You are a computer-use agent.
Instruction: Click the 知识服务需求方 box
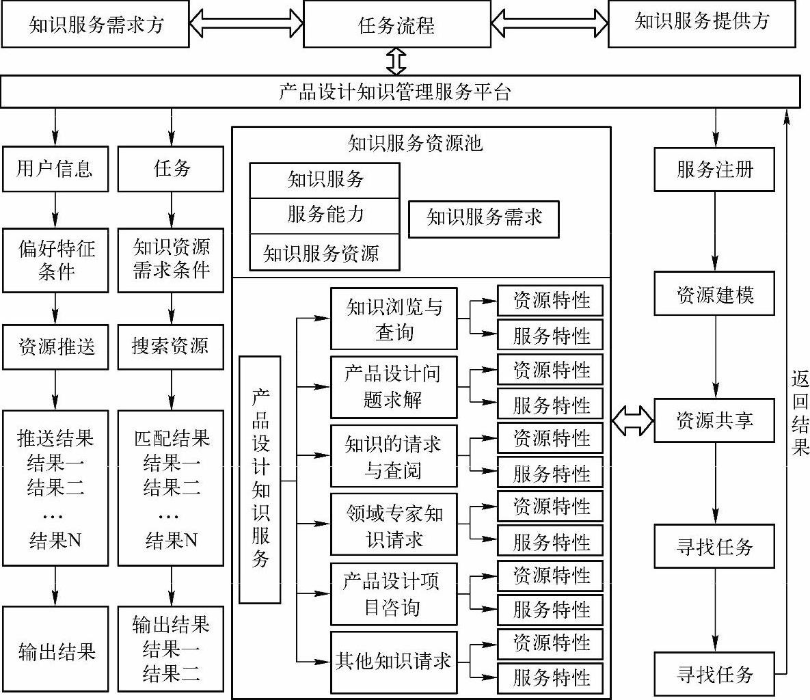[x=96, y=25]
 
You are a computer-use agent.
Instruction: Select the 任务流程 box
[x=396, y=25]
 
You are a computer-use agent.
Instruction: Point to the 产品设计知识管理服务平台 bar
[x=400, y=92]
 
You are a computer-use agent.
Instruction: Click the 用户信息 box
[x=55, y=169]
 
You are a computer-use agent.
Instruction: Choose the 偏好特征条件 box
[x=55, y=260]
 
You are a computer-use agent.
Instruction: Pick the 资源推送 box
[x=55, y=347]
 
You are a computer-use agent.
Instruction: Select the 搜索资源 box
[x=171, y=347]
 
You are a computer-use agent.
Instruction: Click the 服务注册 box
[x=714, y=169]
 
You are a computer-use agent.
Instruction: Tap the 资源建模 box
[x=714, y=294]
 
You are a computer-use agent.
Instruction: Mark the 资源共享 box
[x=714, y=420]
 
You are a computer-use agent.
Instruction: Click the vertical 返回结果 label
[x=800, y=414]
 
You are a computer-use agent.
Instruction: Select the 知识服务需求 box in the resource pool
[x=483, y=219]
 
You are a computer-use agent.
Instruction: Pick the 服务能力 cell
[x=324, y=215]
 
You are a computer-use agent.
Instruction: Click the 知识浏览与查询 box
[x=394, y=319]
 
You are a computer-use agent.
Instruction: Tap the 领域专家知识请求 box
[x=394, y=525]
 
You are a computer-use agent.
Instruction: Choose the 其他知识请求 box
[x=394, y=661]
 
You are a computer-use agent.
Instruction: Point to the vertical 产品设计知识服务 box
[x=260, y=479]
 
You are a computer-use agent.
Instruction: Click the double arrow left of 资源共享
[x=632, y=421]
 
